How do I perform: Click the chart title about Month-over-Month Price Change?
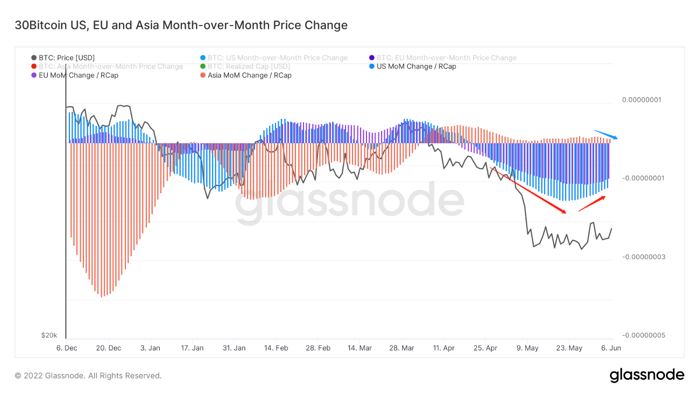(181, 25)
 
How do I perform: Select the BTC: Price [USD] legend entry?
(66, 58)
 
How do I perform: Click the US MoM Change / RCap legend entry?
(416, 66)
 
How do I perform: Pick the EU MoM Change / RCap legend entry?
(78, 75)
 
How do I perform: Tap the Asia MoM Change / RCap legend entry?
(250, 75)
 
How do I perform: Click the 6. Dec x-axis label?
(66, 348)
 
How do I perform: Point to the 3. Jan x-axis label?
(150, 348)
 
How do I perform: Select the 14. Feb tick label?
(276, 348)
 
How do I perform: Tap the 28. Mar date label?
(402, 348)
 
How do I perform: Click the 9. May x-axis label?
(527, 348)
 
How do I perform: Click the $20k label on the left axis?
(49, 335)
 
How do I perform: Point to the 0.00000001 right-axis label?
(642, 100)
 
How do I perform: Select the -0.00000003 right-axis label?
(644, 257)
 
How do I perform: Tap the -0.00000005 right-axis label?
(644, 335)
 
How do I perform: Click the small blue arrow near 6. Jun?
(606, 134)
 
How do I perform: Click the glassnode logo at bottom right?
(647, 375)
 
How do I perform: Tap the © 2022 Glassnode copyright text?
(88, 376)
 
